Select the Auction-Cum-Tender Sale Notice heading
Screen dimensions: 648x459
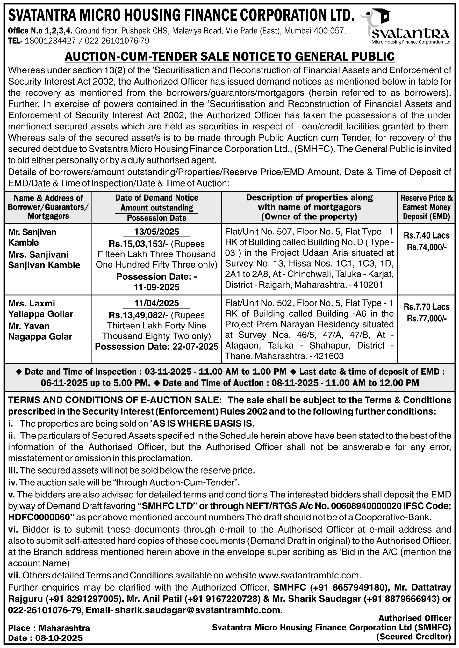point(229,56)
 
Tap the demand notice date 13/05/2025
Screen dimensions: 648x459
point(157,232)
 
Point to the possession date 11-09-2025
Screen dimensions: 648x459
point(157,287)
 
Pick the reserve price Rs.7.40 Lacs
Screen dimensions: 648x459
point(427,236)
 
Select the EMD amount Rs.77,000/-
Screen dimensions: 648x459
point(427,318)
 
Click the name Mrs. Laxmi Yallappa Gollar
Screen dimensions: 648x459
point(41,308)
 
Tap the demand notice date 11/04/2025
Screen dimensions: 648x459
point(157,303)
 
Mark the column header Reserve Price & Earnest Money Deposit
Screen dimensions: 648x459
point(426,207)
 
